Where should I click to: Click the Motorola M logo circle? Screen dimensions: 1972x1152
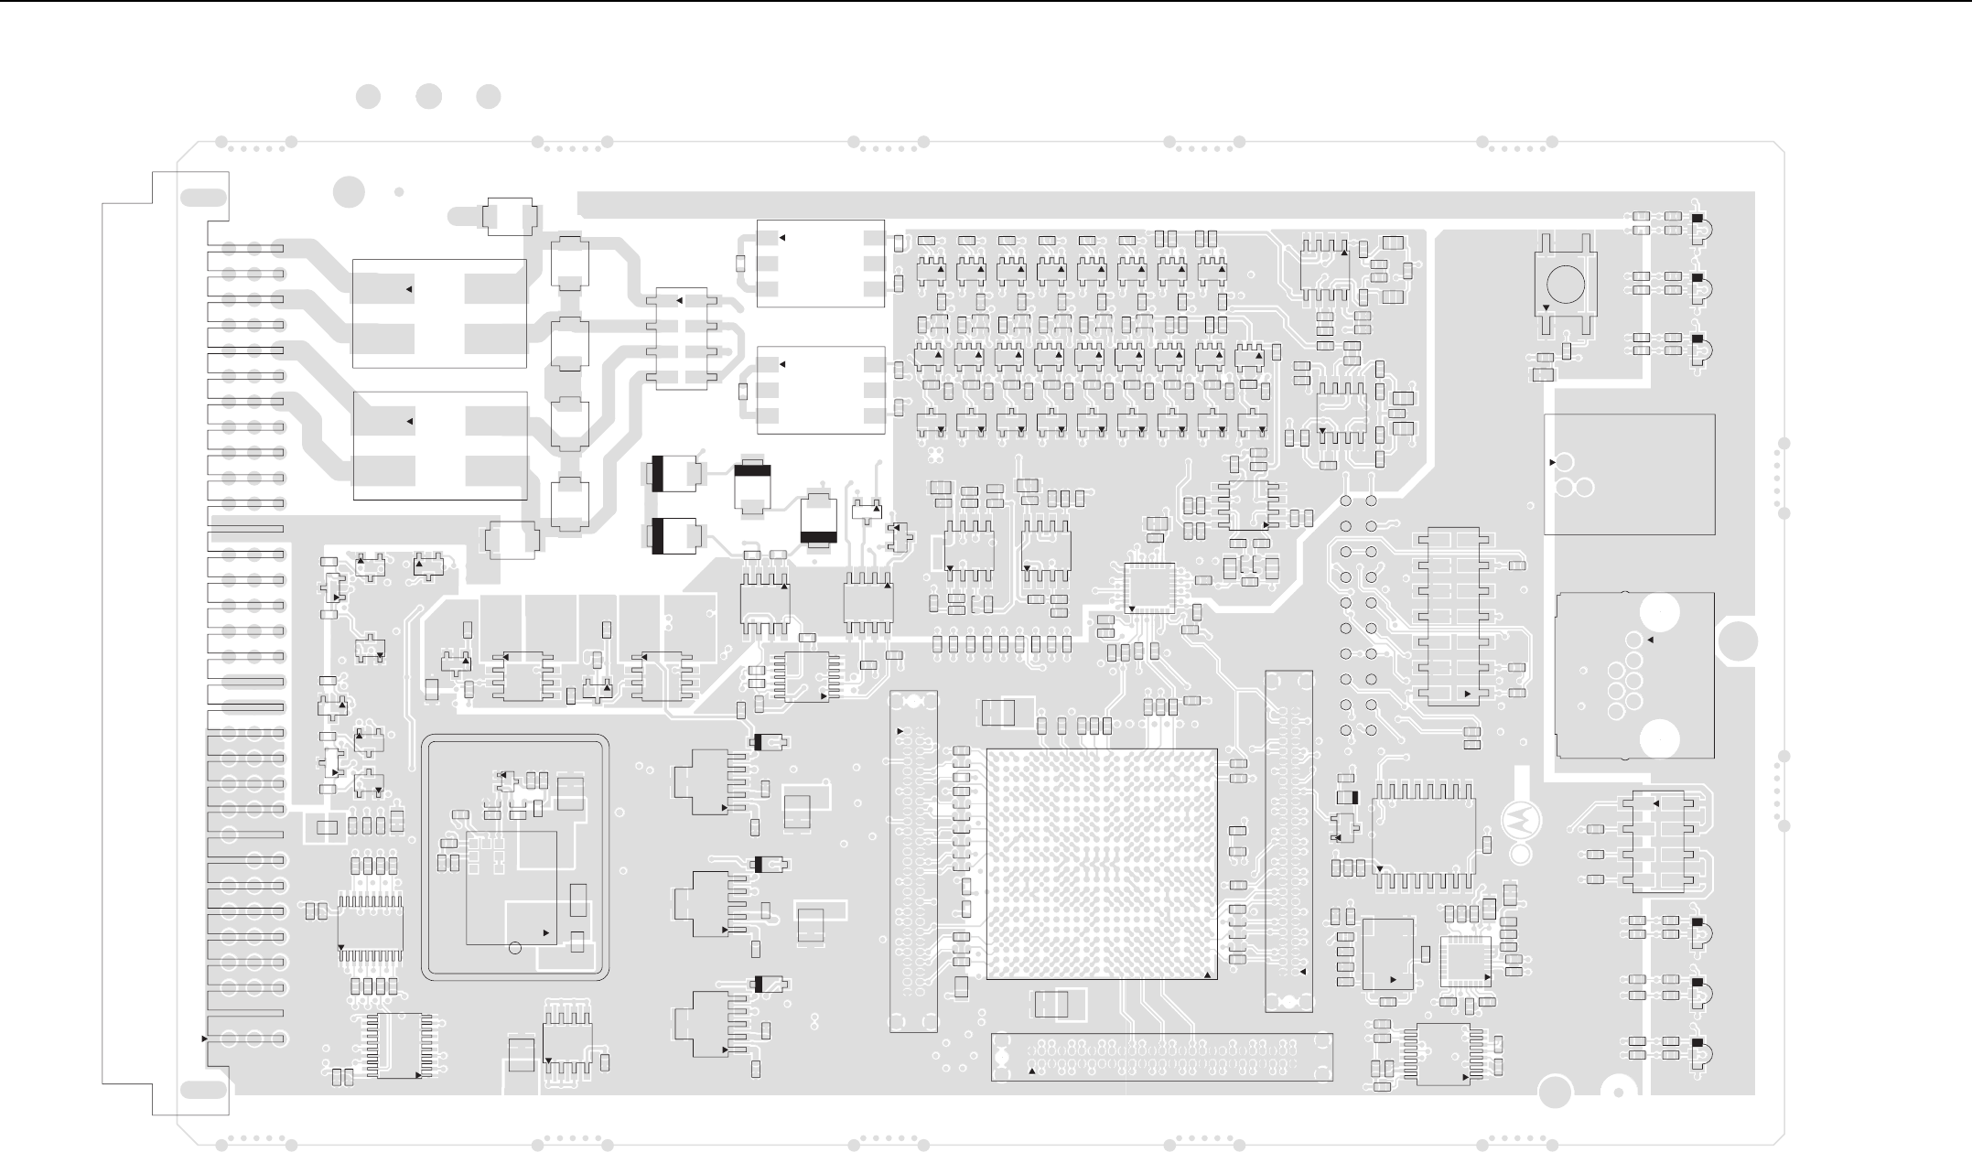point(1520,821)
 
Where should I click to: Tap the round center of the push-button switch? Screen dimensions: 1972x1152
point(1565,283)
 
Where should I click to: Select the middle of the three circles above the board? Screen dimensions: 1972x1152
point(428,97)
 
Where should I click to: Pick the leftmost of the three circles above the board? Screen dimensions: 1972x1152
point(368,97)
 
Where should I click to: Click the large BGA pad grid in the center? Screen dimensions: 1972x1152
point(1102,864)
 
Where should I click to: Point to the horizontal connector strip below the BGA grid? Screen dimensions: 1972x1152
point(1162,1057)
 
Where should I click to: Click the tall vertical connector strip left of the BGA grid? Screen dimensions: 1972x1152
point(913,861)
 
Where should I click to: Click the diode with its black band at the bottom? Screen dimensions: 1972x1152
point(817,521)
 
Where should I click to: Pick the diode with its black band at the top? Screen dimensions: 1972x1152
point(753,481)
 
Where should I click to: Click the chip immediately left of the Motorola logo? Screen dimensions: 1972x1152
point(1424,834)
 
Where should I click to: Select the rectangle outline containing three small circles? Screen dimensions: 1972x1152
point(1629,474)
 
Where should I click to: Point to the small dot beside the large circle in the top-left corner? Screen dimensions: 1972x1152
point(398,192)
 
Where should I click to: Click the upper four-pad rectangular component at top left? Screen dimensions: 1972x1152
point(439,313)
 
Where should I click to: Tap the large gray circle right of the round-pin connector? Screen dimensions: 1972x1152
point(1737,641)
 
